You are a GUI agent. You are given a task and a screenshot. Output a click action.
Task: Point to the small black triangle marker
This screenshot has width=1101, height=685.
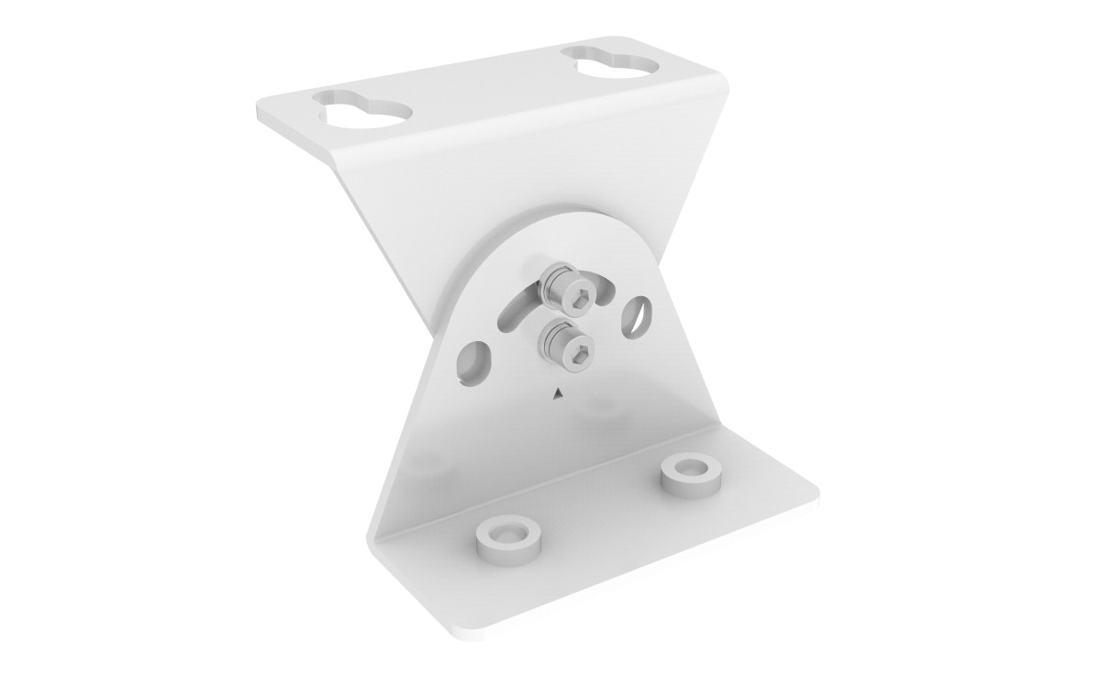(x=556, y=394)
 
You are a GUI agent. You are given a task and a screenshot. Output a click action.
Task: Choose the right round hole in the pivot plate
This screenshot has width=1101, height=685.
(x=639, y=307)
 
